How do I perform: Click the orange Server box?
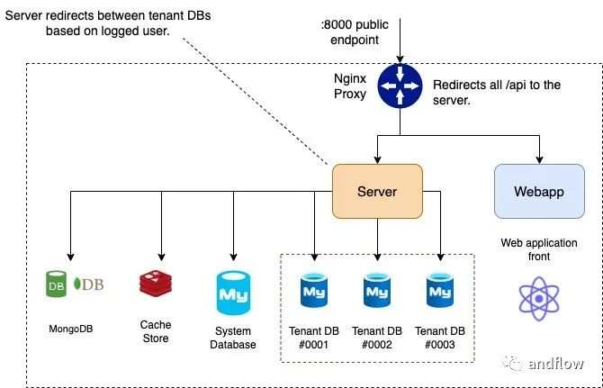click(x=377, y=191)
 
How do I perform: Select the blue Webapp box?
click(x=539, y=191)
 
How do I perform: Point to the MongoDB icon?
click(x=75, y=284)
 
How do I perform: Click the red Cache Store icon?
click(x=156, y=284)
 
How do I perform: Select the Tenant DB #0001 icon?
click(x=314, y=290)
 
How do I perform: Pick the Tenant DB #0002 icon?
click(x=376, y=290)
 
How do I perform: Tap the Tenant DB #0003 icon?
click(x=440, y=290)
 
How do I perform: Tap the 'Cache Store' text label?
click(x=156, y=331)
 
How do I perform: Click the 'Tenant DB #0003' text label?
click(x=440, y=337)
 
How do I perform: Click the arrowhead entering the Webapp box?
click(x=539, y=160)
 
